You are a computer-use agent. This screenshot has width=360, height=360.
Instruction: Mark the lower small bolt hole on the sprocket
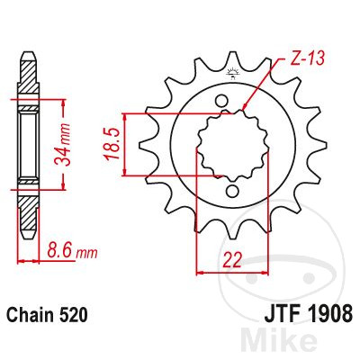click(x=230, y=191)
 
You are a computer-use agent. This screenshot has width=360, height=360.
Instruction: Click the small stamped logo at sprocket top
click(x=230, y=75)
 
